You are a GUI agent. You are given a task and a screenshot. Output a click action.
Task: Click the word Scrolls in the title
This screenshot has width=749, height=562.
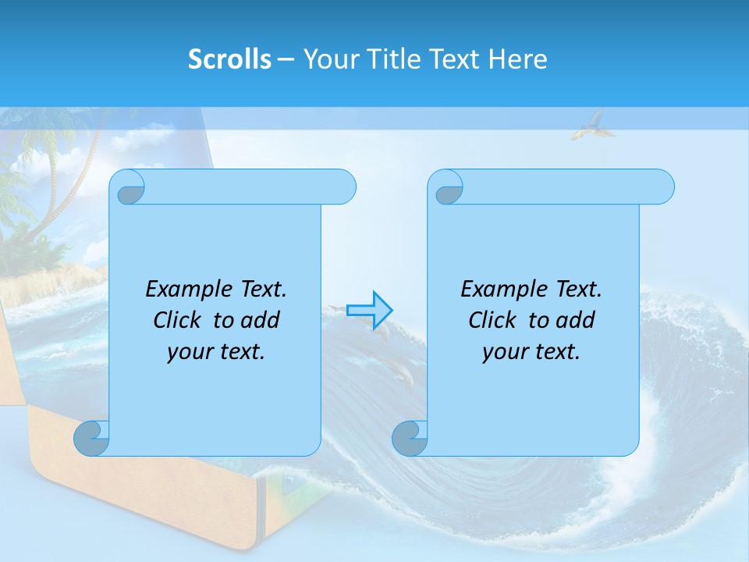(229, 59)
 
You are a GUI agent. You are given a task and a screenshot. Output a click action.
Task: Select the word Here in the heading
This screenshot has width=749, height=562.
(518, 59)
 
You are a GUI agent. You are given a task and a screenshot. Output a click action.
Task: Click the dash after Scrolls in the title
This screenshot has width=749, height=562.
(286, 59)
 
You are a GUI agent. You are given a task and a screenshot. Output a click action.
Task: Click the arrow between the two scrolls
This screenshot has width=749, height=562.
(370, 311)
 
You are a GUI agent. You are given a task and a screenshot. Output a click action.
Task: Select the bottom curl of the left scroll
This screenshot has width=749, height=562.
(92, 438)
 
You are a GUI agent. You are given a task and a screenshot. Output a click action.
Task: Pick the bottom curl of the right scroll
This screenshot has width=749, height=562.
(410, 438)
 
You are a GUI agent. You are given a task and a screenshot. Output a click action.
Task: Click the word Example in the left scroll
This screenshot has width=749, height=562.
(184, 290)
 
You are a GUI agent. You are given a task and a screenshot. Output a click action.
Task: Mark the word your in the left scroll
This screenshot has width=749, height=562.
(187, 352)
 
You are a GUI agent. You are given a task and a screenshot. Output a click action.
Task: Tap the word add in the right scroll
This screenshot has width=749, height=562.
(576, 320)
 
